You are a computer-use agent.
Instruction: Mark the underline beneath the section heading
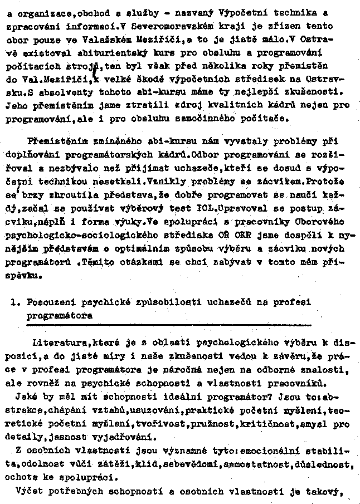(x=167, y=323)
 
